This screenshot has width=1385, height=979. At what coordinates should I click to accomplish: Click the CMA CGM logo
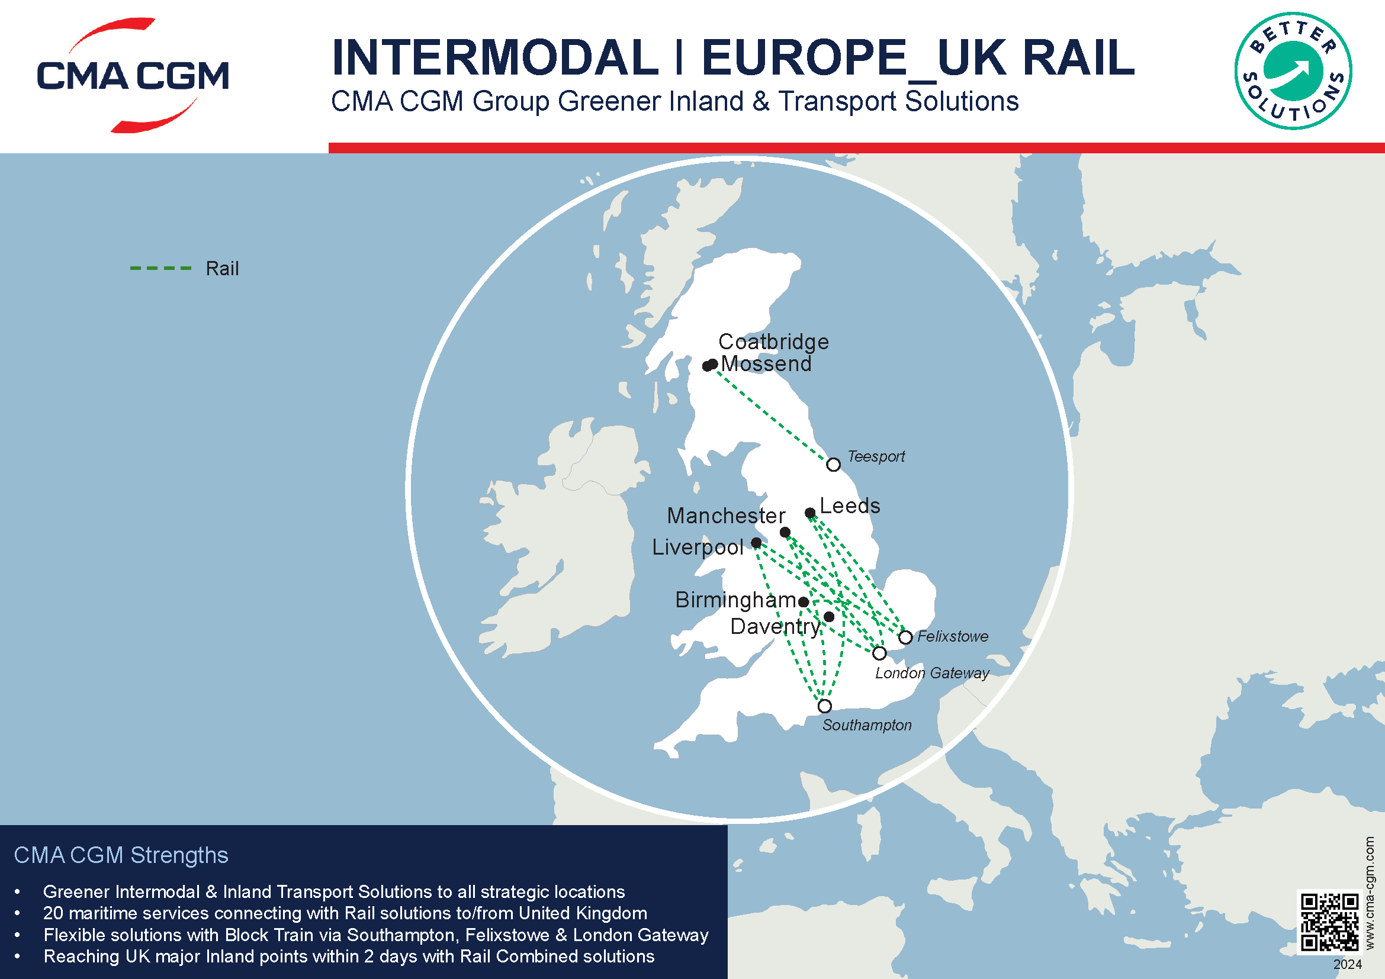[x=133, y=75]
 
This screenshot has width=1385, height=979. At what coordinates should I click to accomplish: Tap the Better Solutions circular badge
[x=1293, y=71]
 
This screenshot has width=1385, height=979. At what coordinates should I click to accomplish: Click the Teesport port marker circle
[x=833, y=465]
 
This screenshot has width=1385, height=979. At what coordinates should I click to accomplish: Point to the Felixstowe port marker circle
[x=905, y=637]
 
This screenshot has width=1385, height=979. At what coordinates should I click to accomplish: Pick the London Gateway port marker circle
[x=879, y=653]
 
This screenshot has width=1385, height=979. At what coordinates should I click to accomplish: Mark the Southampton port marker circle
[x=825, y=706]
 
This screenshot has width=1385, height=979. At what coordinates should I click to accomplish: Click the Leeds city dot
[x=810, y=513]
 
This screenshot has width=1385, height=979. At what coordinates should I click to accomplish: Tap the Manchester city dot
[x=785, y=532]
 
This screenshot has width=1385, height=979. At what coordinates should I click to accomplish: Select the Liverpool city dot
[x=756, y=543]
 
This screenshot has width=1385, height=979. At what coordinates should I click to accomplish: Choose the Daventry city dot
[x=829, y=617]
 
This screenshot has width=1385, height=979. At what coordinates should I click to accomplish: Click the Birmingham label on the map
[x=735, y=600]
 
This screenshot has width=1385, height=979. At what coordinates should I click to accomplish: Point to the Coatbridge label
[x=773, y=342]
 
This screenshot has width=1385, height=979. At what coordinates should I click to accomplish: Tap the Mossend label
[x=766, y=364]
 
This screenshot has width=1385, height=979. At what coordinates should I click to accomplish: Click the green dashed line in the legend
[x=160, y=268]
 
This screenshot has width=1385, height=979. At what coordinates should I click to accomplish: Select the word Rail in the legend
[x=222, y=269]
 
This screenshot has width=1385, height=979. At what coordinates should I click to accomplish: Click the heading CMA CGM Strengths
[x=121, y=855]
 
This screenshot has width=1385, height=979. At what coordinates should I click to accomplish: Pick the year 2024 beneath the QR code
[x=1347, y=965]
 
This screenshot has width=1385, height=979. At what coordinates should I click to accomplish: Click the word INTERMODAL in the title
[x=494, y=58]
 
